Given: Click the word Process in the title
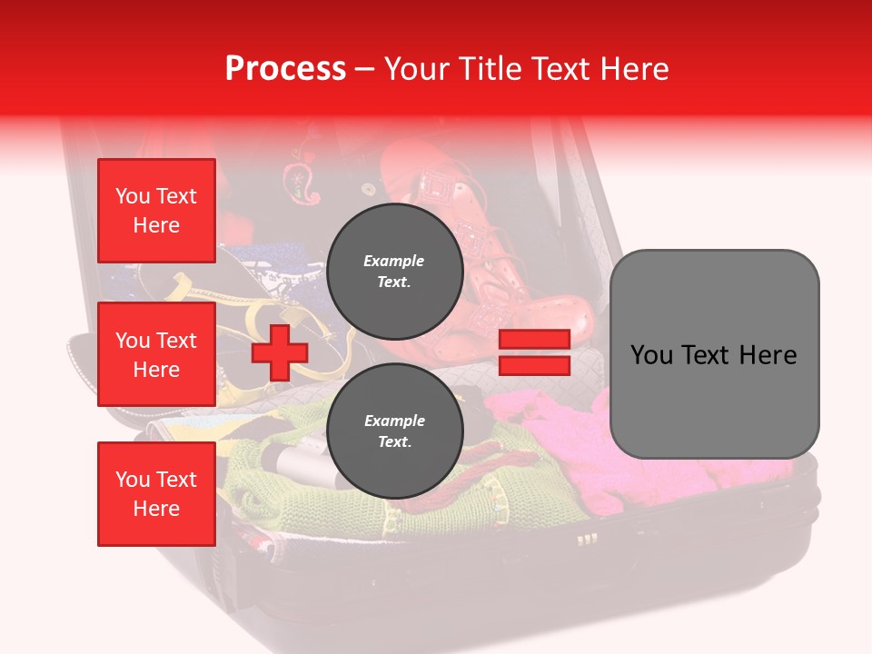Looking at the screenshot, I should click(x=285, y=69).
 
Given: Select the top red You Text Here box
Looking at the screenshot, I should click(x=156, y=211).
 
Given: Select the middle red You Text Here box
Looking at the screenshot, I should click(x=156, y=354).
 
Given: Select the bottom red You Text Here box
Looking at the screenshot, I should click(x=156, y=493).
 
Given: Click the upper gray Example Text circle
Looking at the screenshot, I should click(x=394, y=272).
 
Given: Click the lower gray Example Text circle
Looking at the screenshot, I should click(x=394, y=431).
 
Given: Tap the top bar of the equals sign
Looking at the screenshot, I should click(x=534, y=340).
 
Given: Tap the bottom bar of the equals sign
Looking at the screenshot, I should click(x=534, y=365).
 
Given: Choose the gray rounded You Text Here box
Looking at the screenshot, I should click(x=714, y=354).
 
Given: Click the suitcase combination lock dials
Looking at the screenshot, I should click(x=588, y=540).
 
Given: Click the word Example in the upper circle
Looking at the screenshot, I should click(x=394, y=261).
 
